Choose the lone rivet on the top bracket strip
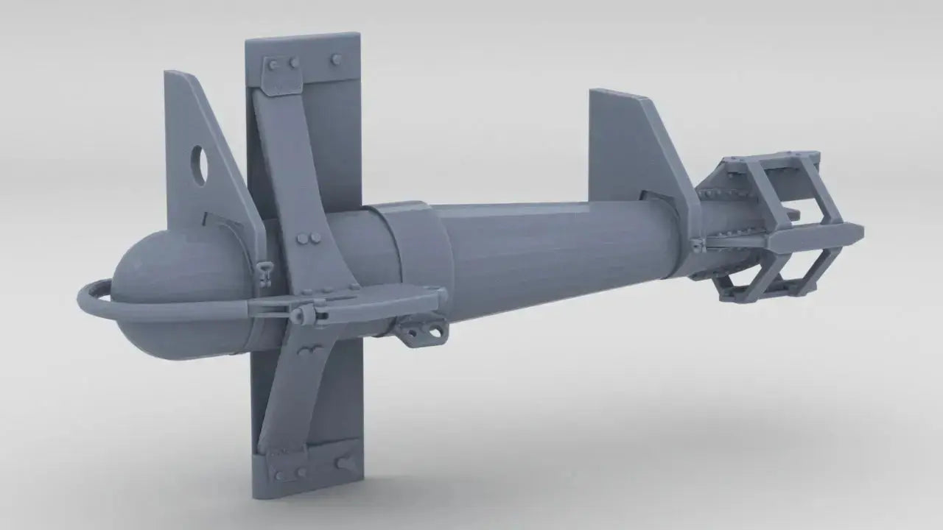[337, 59]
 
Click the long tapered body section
[545, 250]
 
